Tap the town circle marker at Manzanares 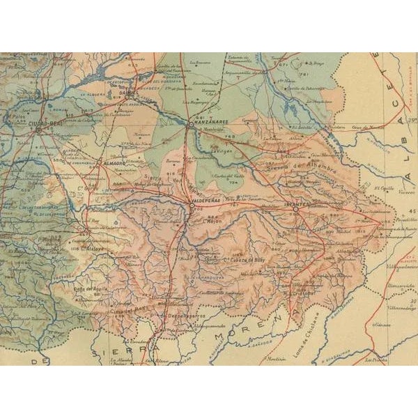(x=190, y=125)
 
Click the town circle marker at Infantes (x=295, y=208)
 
